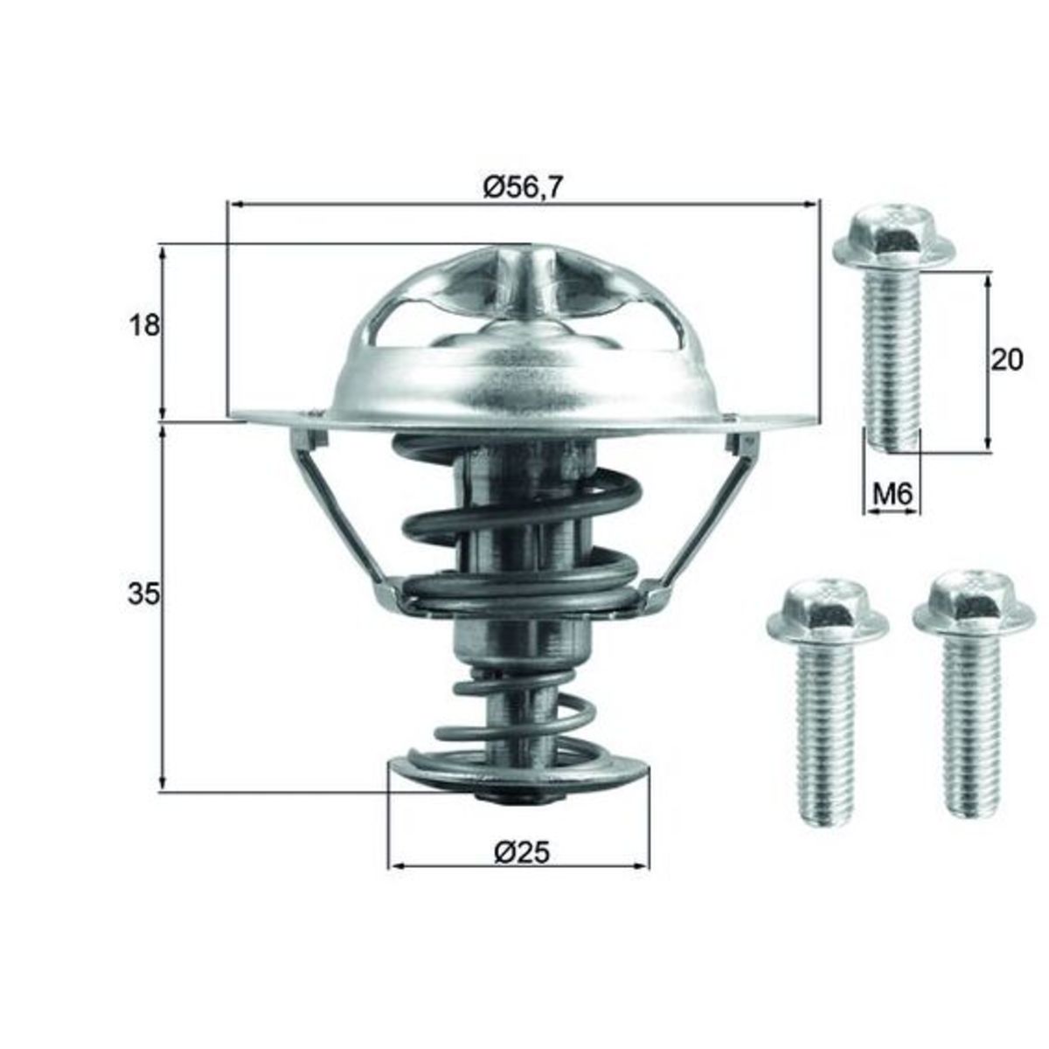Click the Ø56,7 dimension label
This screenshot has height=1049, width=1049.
click(522, 188)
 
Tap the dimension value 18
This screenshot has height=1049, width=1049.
click(144, 325)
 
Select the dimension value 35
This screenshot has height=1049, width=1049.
click(143, 594)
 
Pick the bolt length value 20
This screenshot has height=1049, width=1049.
click(1006, 360)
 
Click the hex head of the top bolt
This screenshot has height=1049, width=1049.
click(894, 239)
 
